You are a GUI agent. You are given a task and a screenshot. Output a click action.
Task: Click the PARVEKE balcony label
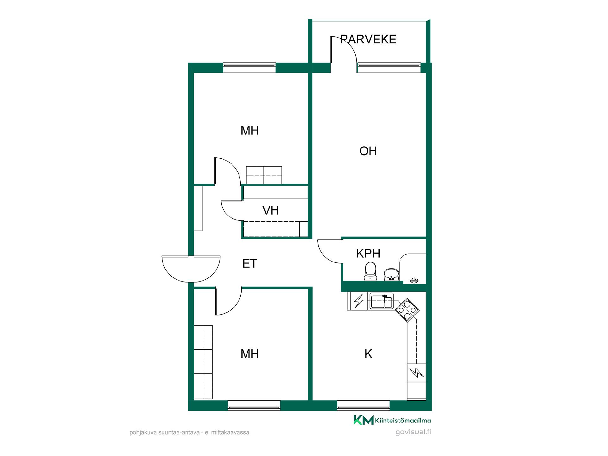coord(368,39)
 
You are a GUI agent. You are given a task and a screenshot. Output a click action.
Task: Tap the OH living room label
coord(368,151)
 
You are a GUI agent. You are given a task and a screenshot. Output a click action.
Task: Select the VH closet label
coord(270,211)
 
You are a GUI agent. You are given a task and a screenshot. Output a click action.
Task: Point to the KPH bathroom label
coord(368,253)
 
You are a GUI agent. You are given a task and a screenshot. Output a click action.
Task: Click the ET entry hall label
coord(250,263)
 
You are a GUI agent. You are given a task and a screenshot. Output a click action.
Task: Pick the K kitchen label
coord(368,354)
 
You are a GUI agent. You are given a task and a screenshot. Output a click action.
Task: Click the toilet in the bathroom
coord(370,271)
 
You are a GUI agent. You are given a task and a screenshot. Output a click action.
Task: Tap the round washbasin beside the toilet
coord(391,275)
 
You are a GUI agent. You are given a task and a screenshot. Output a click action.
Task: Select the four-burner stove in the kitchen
coord(407,310)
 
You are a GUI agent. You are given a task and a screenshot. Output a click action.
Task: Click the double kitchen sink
coord(382,301)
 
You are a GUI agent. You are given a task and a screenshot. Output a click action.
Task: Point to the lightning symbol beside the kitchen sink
coord(358,301)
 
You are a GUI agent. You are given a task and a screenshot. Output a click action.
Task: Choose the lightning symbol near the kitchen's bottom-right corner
coord(416,373)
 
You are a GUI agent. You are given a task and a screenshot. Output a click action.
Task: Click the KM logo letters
coord(364,420)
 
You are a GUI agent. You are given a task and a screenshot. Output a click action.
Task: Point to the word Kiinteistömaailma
coord(403,421)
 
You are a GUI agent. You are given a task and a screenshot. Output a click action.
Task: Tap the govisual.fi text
coord(413,432)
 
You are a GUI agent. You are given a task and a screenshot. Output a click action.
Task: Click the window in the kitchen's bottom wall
coord(363,405)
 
